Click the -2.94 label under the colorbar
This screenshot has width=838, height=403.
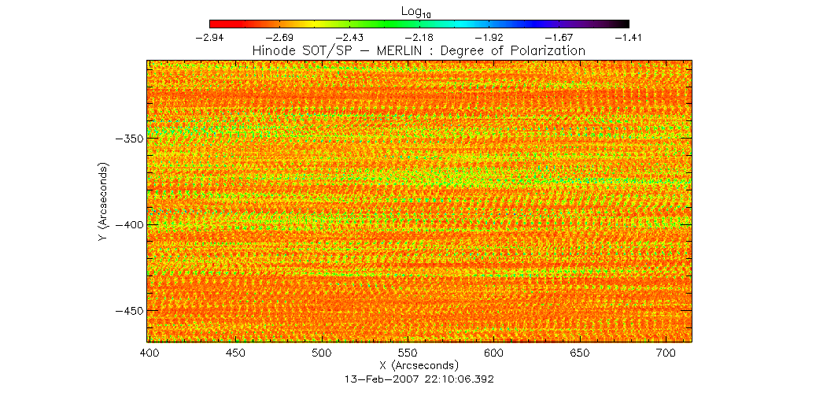click(x=209, y=37)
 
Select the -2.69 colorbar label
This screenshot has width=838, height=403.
click(x=279, y=37)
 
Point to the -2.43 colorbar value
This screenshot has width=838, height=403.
click(x=349, y=37)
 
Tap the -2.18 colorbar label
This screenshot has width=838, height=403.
click(x=419, y=37)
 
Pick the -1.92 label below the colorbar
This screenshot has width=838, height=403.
click(x=489, y=37)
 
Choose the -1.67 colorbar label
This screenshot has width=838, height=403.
click(x=559, y=37)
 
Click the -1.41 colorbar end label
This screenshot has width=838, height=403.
click(x=629, y=37)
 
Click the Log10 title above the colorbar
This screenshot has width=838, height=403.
click(x=418, y=13)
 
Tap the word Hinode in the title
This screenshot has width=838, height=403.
click(x=272, y=50)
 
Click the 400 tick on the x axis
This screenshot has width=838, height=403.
click(x=150, y=353)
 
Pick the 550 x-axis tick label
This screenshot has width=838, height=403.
click(x=408, y=353)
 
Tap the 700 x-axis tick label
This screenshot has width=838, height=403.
click(x=665, y=353)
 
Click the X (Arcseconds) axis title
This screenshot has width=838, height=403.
click(x=419, y=366)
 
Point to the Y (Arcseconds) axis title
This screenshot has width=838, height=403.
click(x=103, y=202)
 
